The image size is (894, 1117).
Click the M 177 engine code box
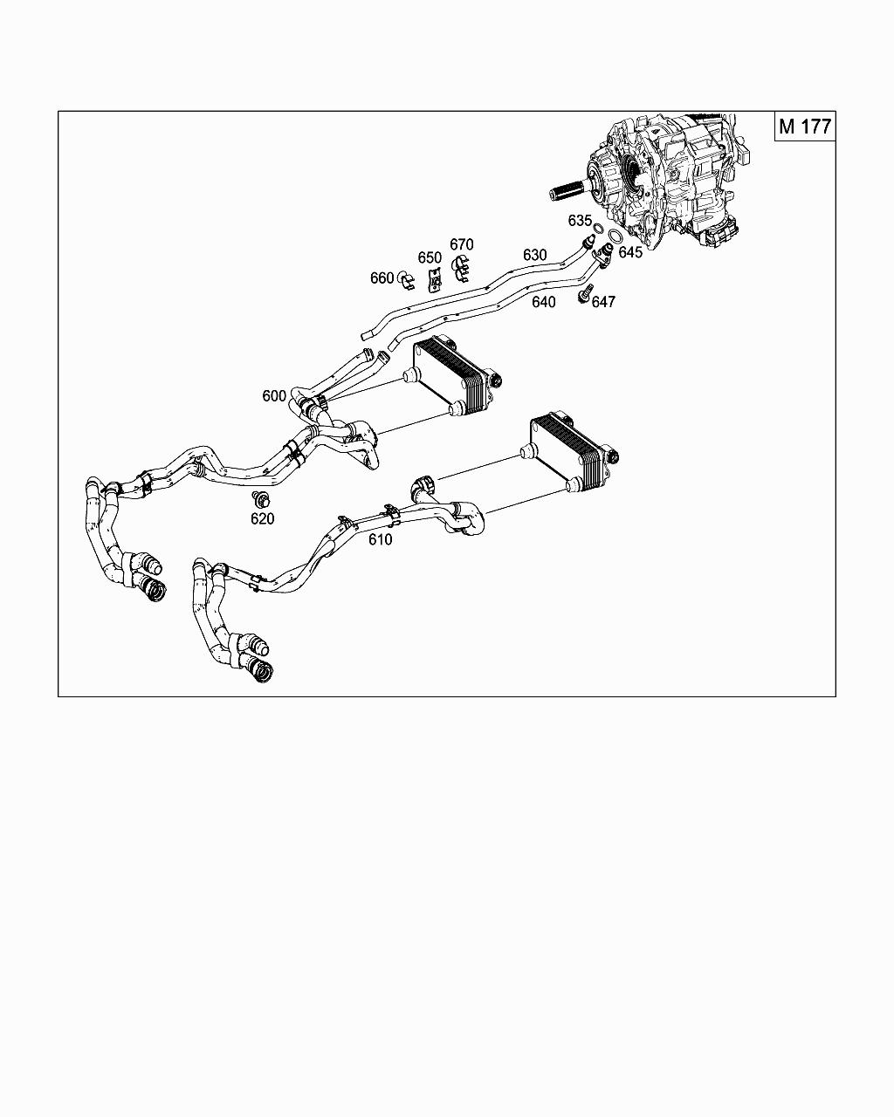[x=805, y=127]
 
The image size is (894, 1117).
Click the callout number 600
[x=273, y=396]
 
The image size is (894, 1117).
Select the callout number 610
[x=380, y=539]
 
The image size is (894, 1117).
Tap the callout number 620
[x=262, y=519]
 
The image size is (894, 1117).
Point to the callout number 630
[x=534, y=255]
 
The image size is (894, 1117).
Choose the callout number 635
[x=580, y=221]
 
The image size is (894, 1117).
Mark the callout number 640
[x=543, y=302]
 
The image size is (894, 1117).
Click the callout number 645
[x=630, y=252]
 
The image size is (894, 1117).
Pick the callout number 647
[x=603, y=302]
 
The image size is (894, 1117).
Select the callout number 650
[x=430, y=257]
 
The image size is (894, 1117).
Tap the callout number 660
[x=382, y=278]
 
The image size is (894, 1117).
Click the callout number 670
[x=461, y=244]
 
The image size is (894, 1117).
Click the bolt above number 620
[x=259, y=499]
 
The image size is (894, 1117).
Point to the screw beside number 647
[x=586, y=293]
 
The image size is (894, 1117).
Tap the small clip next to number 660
[x=405, y=279]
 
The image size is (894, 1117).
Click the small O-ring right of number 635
[x=598, y=230]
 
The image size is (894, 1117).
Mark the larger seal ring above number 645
[x=615, y=237]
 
